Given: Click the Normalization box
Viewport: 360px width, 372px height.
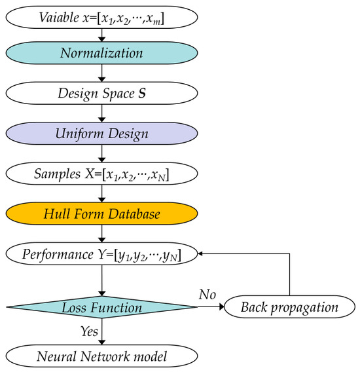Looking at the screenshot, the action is (101, 53).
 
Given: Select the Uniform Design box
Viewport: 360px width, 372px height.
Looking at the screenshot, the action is (101, 134).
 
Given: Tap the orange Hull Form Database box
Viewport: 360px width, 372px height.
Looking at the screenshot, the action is (101, 214).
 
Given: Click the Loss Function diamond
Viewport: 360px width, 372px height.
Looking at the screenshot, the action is (101, 307).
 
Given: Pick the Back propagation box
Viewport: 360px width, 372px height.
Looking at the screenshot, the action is (289, 307).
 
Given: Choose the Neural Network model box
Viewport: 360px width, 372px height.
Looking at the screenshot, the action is (101, 356).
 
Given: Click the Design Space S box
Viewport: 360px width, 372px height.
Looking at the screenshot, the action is (101, 93).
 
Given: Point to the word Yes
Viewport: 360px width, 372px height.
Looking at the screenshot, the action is (89, 331).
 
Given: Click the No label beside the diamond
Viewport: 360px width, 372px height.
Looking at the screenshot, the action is (207, 295).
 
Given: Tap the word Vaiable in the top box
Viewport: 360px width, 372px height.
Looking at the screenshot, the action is (60, 18).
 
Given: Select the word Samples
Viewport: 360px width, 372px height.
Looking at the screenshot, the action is (58, 174).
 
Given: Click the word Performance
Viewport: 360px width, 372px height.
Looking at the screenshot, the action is (58, 254).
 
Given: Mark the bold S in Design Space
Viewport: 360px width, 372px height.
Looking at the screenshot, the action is (142, 93).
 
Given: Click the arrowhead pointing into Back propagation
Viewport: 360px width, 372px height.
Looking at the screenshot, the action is (222, 307).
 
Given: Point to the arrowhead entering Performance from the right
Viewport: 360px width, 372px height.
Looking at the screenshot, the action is (200, 253).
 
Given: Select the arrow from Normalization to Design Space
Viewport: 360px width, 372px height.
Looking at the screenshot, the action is (101, 73).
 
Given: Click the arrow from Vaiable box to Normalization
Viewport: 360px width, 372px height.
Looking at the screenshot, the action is (101, 35).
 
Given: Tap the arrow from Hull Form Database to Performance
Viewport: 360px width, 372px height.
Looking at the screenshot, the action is (101, 234).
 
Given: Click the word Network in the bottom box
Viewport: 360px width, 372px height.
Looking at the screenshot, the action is (105, 356).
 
